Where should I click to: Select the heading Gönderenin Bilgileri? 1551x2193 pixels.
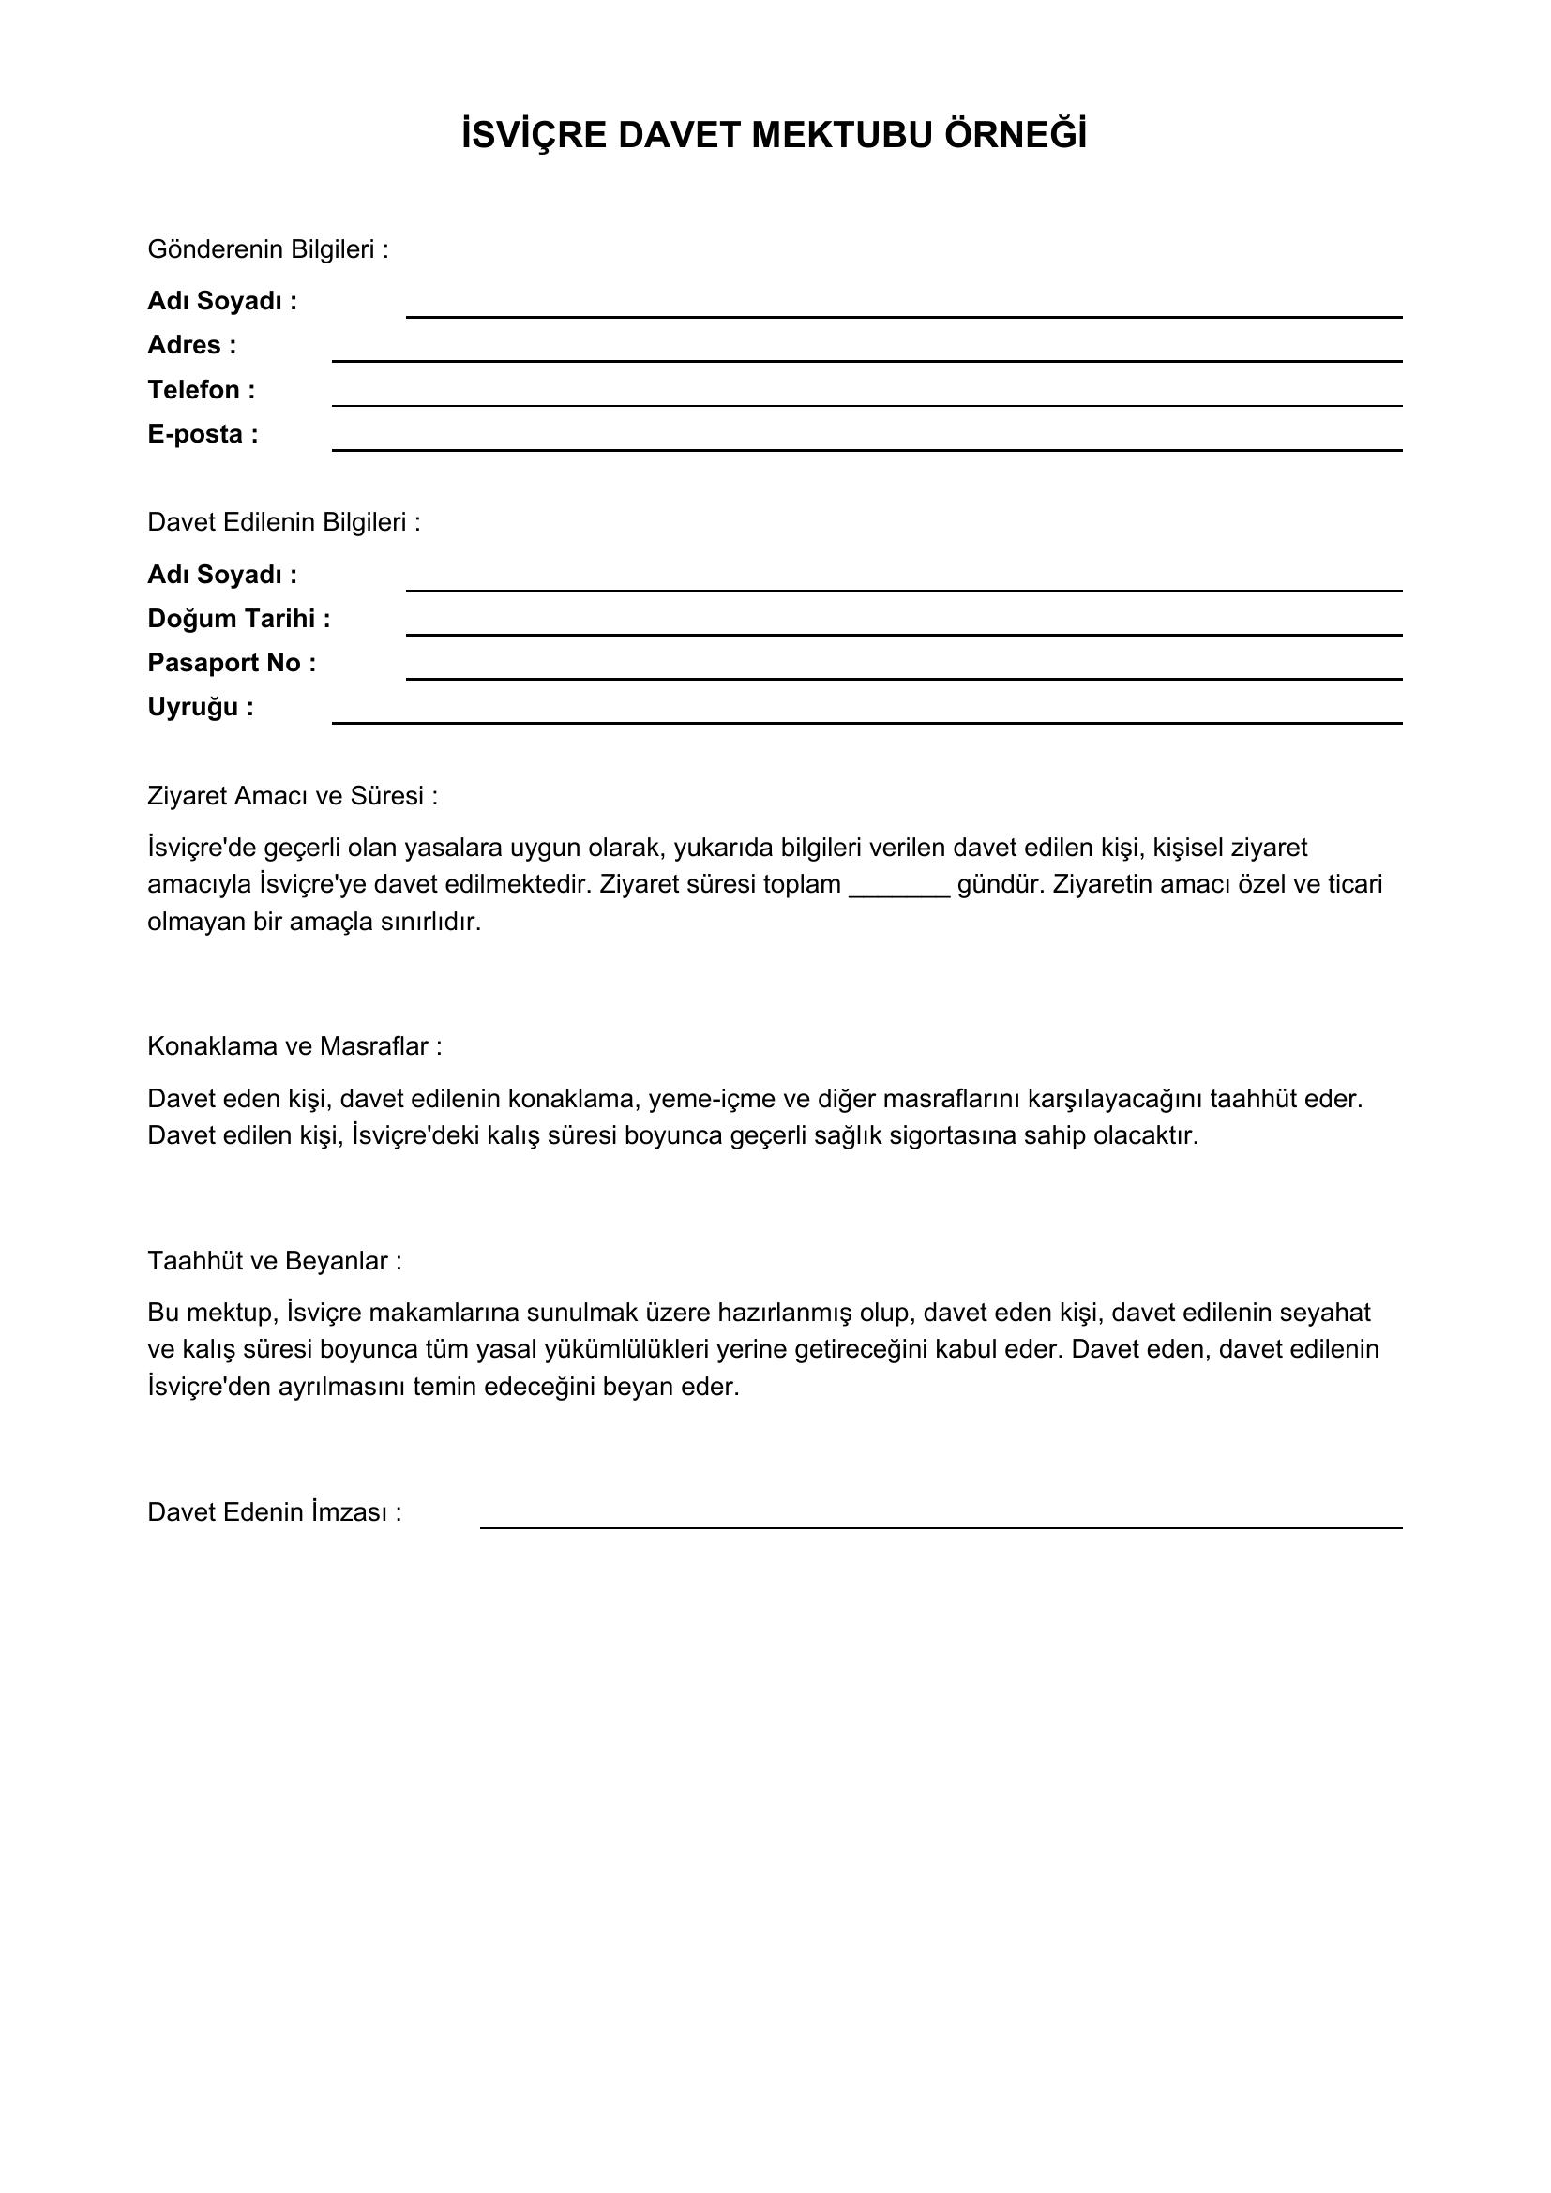coord(267,249)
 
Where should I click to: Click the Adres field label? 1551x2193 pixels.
coord(191,345)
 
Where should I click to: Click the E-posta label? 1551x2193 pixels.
coord(203,435)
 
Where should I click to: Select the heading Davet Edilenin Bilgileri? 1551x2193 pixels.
coord(283,522)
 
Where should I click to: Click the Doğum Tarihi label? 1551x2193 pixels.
coord(239,619)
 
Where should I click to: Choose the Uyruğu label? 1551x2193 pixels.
coord(201,707)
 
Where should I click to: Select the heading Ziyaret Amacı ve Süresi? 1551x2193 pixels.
coord(293,797)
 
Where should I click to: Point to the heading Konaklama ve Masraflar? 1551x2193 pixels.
coord(294,1047)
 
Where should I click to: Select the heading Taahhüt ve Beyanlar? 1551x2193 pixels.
coord(274,1261)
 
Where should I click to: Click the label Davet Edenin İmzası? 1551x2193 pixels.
coord(274,1513)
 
